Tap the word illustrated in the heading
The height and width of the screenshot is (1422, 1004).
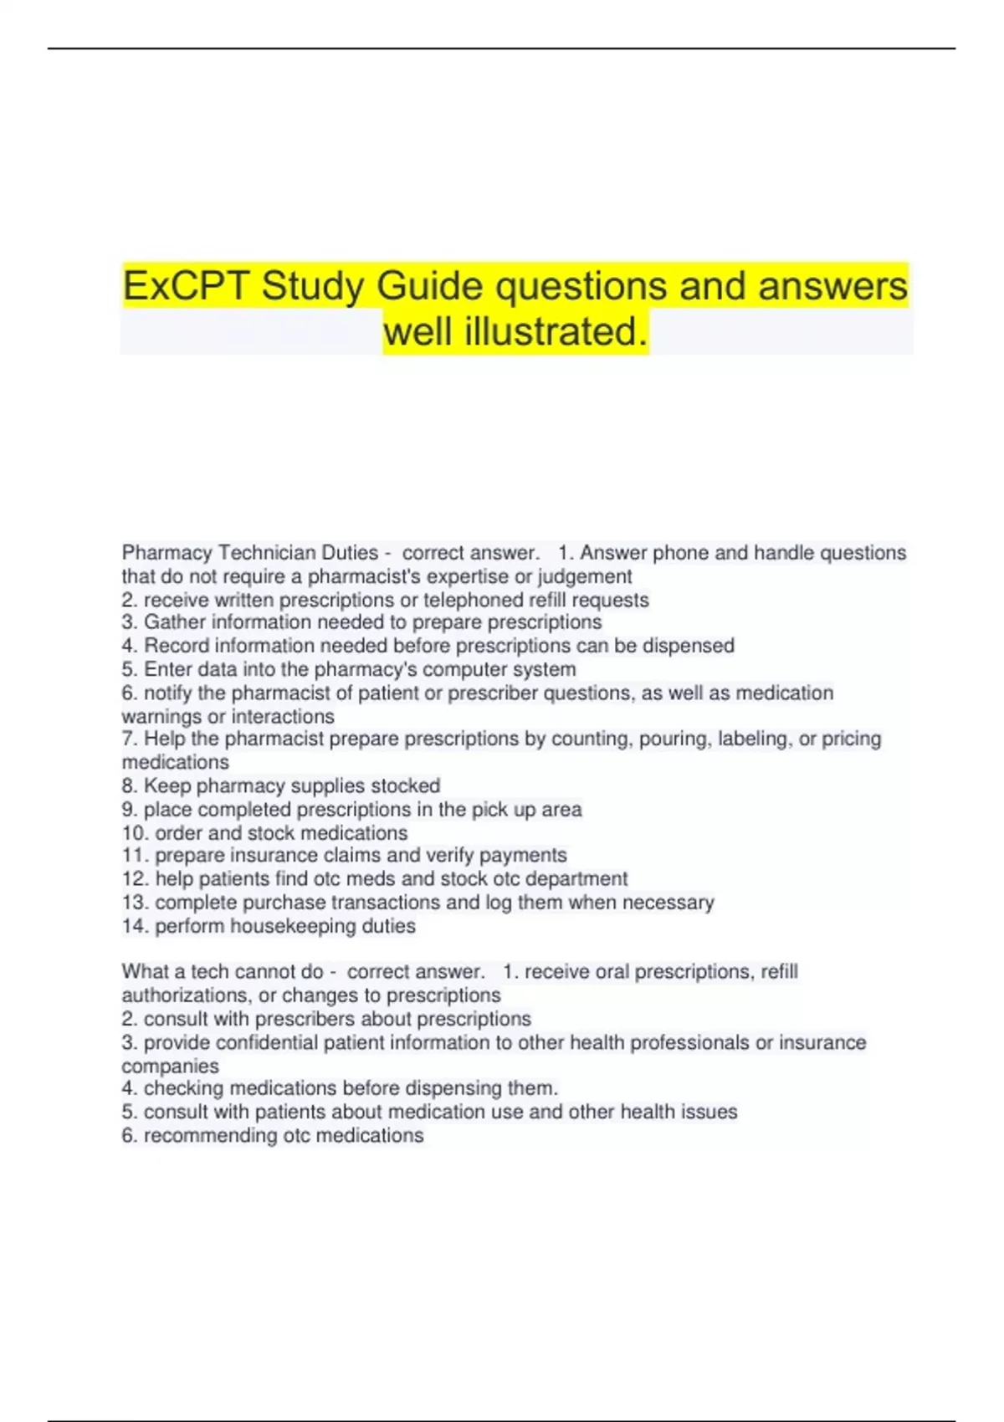[556, 331]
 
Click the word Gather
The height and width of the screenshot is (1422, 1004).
[175, 622]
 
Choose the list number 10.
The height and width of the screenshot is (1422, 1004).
[135, 833]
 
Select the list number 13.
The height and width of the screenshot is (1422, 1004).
[135, 903]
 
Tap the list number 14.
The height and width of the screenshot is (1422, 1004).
[135, 926]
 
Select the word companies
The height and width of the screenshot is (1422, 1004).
[170, 1066]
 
